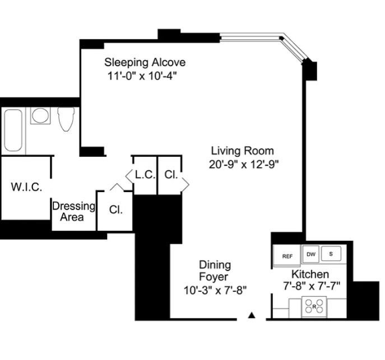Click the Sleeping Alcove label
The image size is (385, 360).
tap(145, 62)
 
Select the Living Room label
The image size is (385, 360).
tap(242, 151)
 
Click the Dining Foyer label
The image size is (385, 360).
tap(215, 270)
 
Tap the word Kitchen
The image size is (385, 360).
tap(309, 274)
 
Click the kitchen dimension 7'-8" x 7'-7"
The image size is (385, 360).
tap(312, 286)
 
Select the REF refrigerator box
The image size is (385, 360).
tap(287, 256)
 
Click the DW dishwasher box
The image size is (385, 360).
tap(311, 254)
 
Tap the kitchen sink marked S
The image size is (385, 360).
tap(331, 254)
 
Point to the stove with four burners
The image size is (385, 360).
tap(314, 306)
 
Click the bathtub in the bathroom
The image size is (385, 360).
tap(13, 130)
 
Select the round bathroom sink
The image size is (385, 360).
tap(40, 115)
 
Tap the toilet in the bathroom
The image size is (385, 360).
tap(66, 118)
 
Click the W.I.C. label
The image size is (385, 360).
tap(26, 187)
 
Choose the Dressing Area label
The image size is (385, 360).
tap(73, 211)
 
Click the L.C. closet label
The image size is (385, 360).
tap(145, 175)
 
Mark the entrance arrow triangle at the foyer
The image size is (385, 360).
tap(252, 315)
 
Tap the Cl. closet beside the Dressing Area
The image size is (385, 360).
tap(116, 210)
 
